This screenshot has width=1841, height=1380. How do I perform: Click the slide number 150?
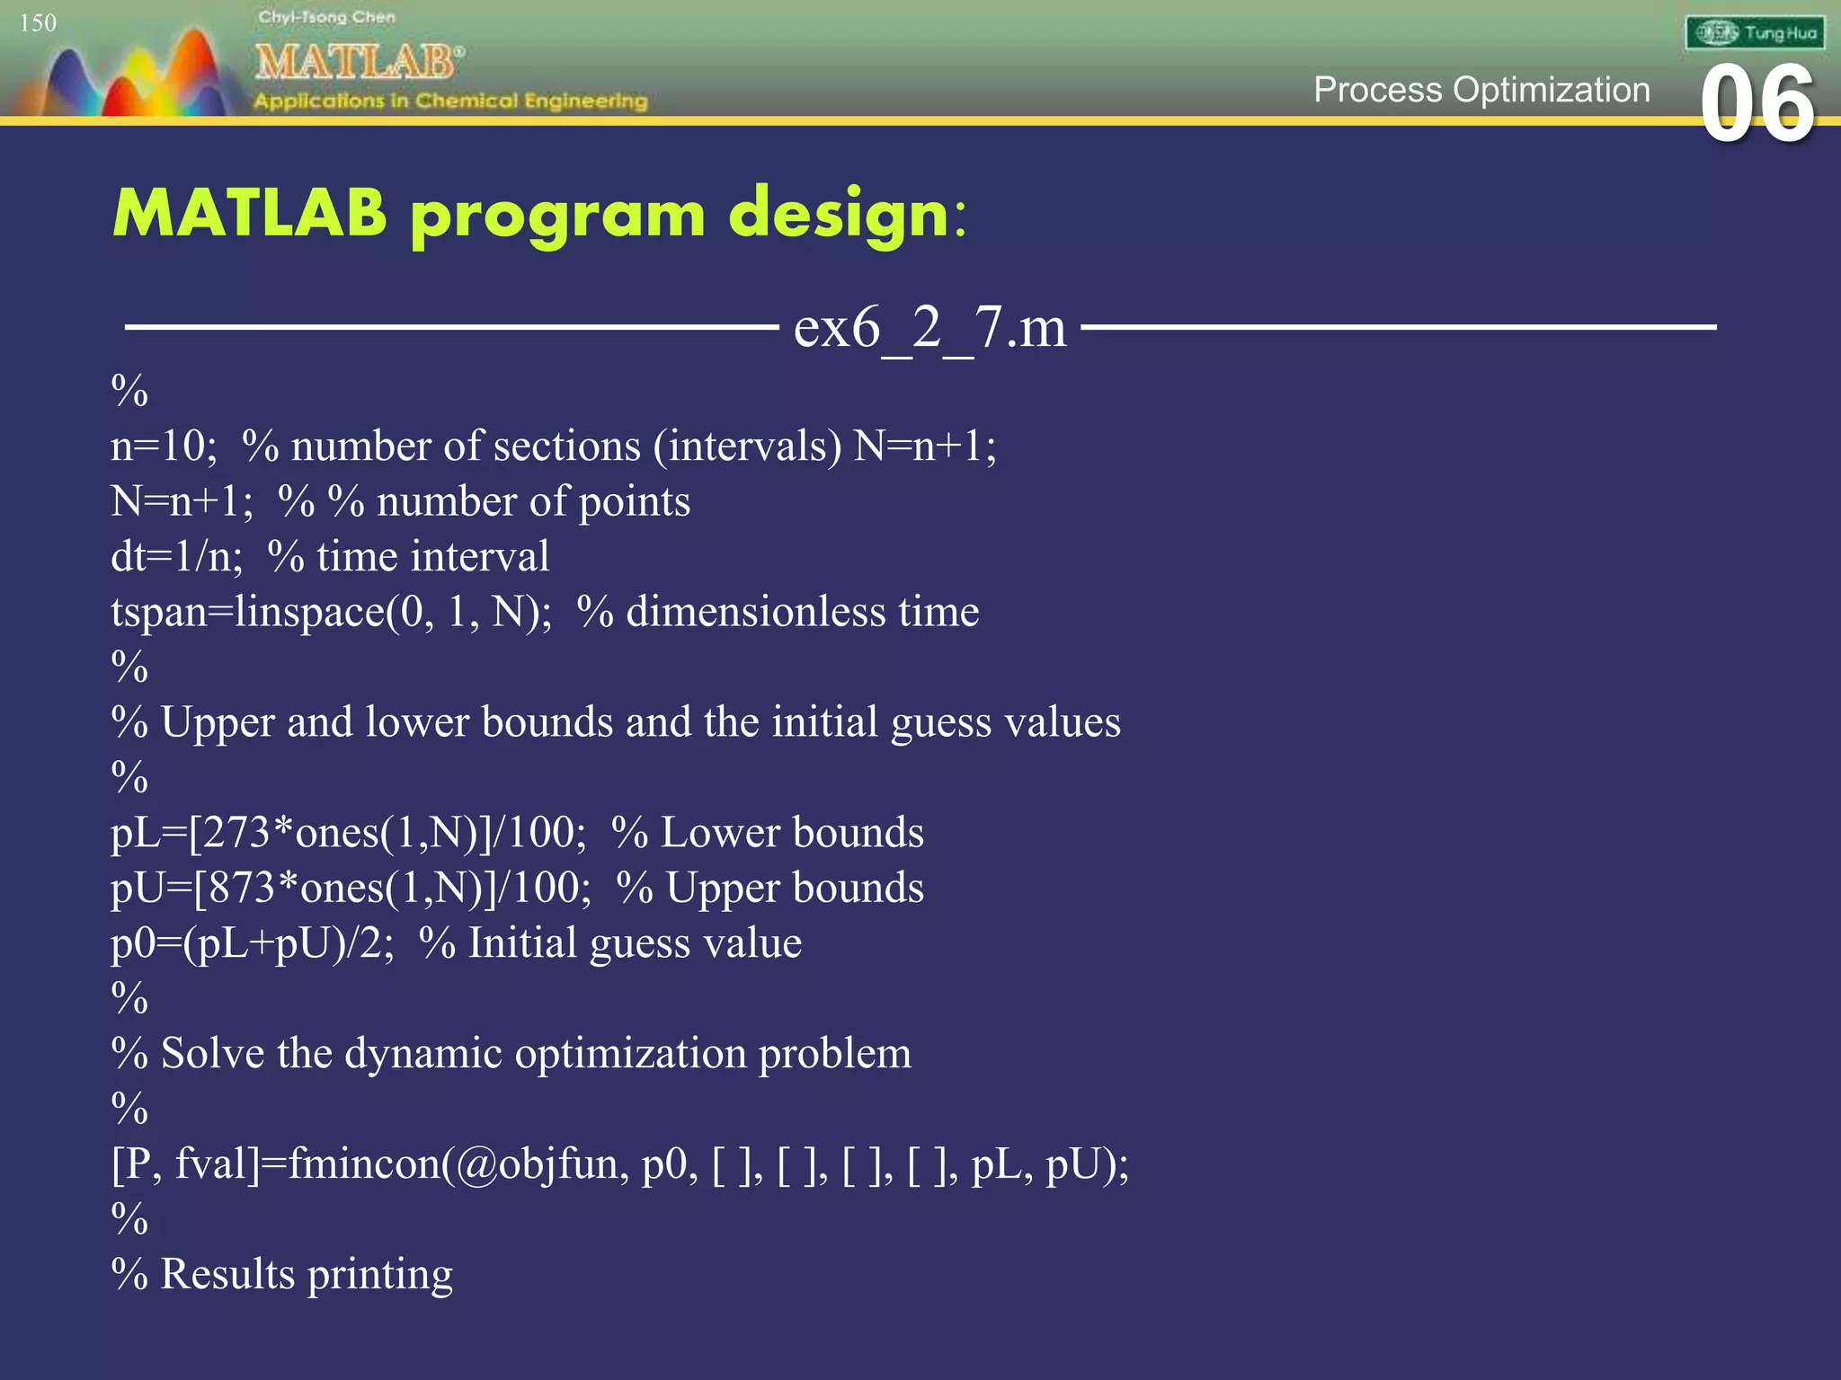38,22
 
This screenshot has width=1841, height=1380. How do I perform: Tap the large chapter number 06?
1757,105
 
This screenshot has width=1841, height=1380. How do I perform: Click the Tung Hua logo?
1754,33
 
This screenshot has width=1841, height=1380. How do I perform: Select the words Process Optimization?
1481,90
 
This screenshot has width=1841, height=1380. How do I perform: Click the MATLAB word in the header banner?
357,62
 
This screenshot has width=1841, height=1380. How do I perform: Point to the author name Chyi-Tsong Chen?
326,17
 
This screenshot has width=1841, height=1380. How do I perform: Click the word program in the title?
557,216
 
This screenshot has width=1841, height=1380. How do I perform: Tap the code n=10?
163,446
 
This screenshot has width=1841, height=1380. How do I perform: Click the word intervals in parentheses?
746,446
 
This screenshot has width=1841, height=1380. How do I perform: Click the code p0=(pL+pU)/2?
252,943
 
